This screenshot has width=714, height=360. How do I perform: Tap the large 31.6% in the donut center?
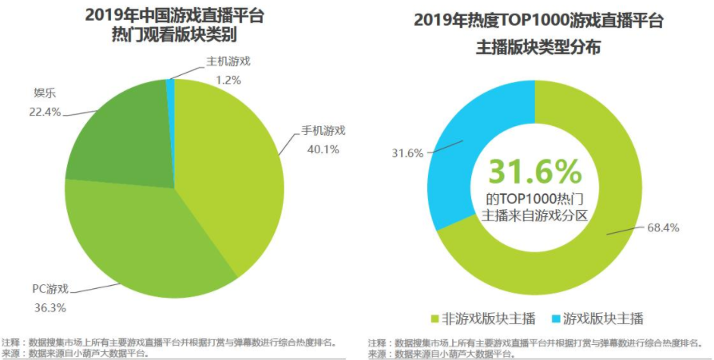point(534,170)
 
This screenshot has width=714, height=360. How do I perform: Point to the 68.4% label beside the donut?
point(663,227)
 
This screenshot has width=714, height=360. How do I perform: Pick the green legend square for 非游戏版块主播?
point(435,318)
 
